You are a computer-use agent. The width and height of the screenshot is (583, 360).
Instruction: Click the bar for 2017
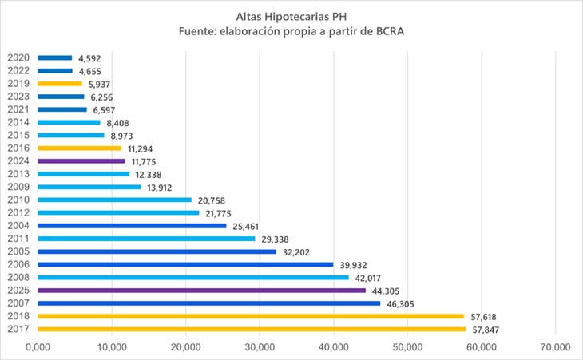click(x=252, y=329)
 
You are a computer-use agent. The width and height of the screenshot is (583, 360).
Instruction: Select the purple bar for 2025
click(x=201, y=291)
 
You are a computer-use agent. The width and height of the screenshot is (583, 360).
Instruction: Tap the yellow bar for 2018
click(x=251, y=316)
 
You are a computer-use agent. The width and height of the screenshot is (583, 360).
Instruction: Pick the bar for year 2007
click(x=208, y=303)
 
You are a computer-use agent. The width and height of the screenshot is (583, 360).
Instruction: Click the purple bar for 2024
click(x=81, y=161)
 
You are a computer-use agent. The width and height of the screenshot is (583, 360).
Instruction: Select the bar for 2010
click(x=115, y=200)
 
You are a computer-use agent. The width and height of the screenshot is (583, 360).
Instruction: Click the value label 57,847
click(x=489, y=330)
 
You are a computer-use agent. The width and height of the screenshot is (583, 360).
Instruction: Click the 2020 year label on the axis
click(x=18, y=57)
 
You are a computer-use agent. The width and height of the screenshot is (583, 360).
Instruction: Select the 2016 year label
click(x=18, y=148)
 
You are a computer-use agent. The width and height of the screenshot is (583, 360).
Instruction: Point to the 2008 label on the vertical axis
click(x=18, y=278)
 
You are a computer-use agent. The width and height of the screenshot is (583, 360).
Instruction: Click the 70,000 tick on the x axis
click(x=554, y=346)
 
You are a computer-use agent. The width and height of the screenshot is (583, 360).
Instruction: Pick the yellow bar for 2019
click(x=60, y=84)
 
